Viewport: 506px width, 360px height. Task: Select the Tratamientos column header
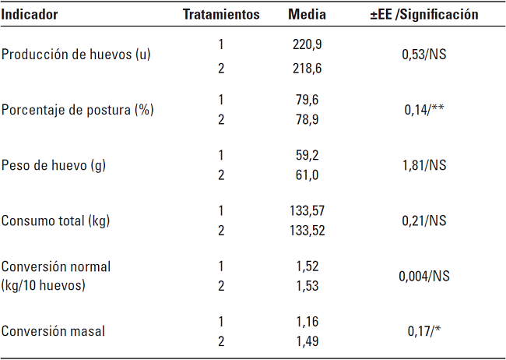pos(221,14)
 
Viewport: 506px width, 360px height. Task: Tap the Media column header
pos(307,14)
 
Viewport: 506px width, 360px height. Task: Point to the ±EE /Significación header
pos(424,14)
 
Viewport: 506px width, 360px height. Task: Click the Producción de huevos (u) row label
pos(76,55)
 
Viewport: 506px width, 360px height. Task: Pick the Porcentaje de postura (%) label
pos(77,110)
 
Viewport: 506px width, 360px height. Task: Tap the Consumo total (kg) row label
pos(55,221)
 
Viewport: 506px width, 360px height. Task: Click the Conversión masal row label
pos(54,331)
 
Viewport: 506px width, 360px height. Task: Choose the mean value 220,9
pos(307,44)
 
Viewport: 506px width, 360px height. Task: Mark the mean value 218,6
pos(307,68)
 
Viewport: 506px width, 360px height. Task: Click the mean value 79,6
pos(307,99)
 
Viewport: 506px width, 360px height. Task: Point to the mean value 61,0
pos(307,175)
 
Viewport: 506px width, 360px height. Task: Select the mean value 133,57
pos(307,210)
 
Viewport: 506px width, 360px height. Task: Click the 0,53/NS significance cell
pos(425,55)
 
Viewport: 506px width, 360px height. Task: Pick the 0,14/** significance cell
pos(424,110)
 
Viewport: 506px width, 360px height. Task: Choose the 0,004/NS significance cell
pos(424,276)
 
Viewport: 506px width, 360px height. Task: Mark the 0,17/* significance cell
pos(424,331)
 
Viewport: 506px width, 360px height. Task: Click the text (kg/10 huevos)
pos(44,285)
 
